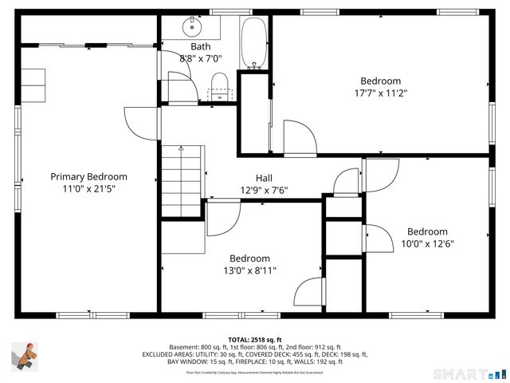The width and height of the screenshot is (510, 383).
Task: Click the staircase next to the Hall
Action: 182,181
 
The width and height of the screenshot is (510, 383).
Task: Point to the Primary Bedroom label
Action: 88,176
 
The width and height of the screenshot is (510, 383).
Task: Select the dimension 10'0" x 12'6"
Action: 427,244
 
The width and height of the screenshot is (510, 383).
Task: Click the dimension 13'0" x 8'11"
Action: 250,271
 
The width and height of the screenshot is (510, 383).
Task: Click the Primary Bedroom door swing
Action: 142,120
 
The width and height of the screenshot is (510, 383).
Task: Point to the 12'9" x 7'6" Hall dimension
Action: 264,191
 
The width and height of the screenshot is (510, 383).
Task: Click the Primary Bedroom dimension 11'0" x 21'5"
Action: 88,189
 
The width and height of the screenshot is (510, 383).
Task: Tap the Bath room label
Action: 201,46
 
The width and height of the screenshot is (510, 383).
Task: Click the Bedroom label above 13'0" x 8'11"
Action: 250,259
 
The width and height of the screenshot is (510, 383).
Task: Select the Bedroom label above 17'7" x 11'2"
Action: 380,81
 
